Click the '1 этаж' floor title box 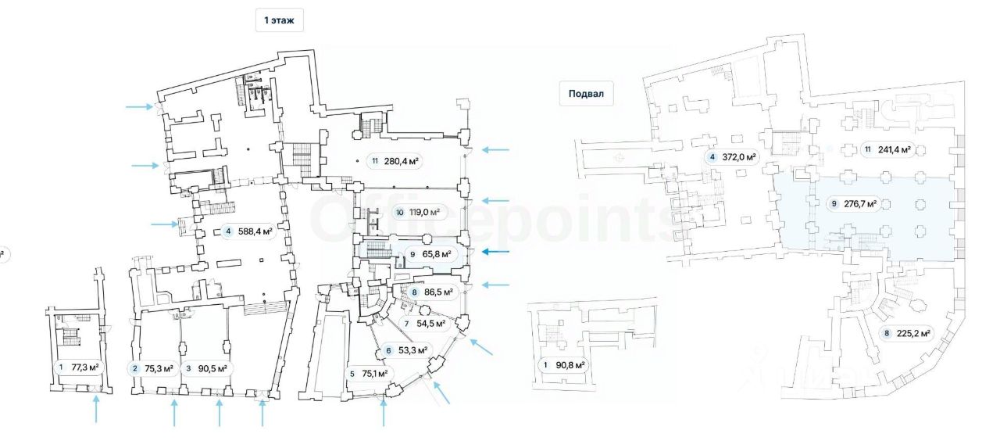point(279,20)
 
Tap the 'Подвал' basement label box point(586,94)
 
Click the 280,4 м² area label point(395,162)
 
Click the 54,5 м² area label point(427,323)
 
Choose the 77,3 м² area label point(77,367)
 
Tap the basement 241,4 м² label point(888,150)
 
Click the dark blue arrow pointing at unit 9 point(495,252)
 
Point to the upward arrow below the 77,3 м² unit point(96,409)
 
